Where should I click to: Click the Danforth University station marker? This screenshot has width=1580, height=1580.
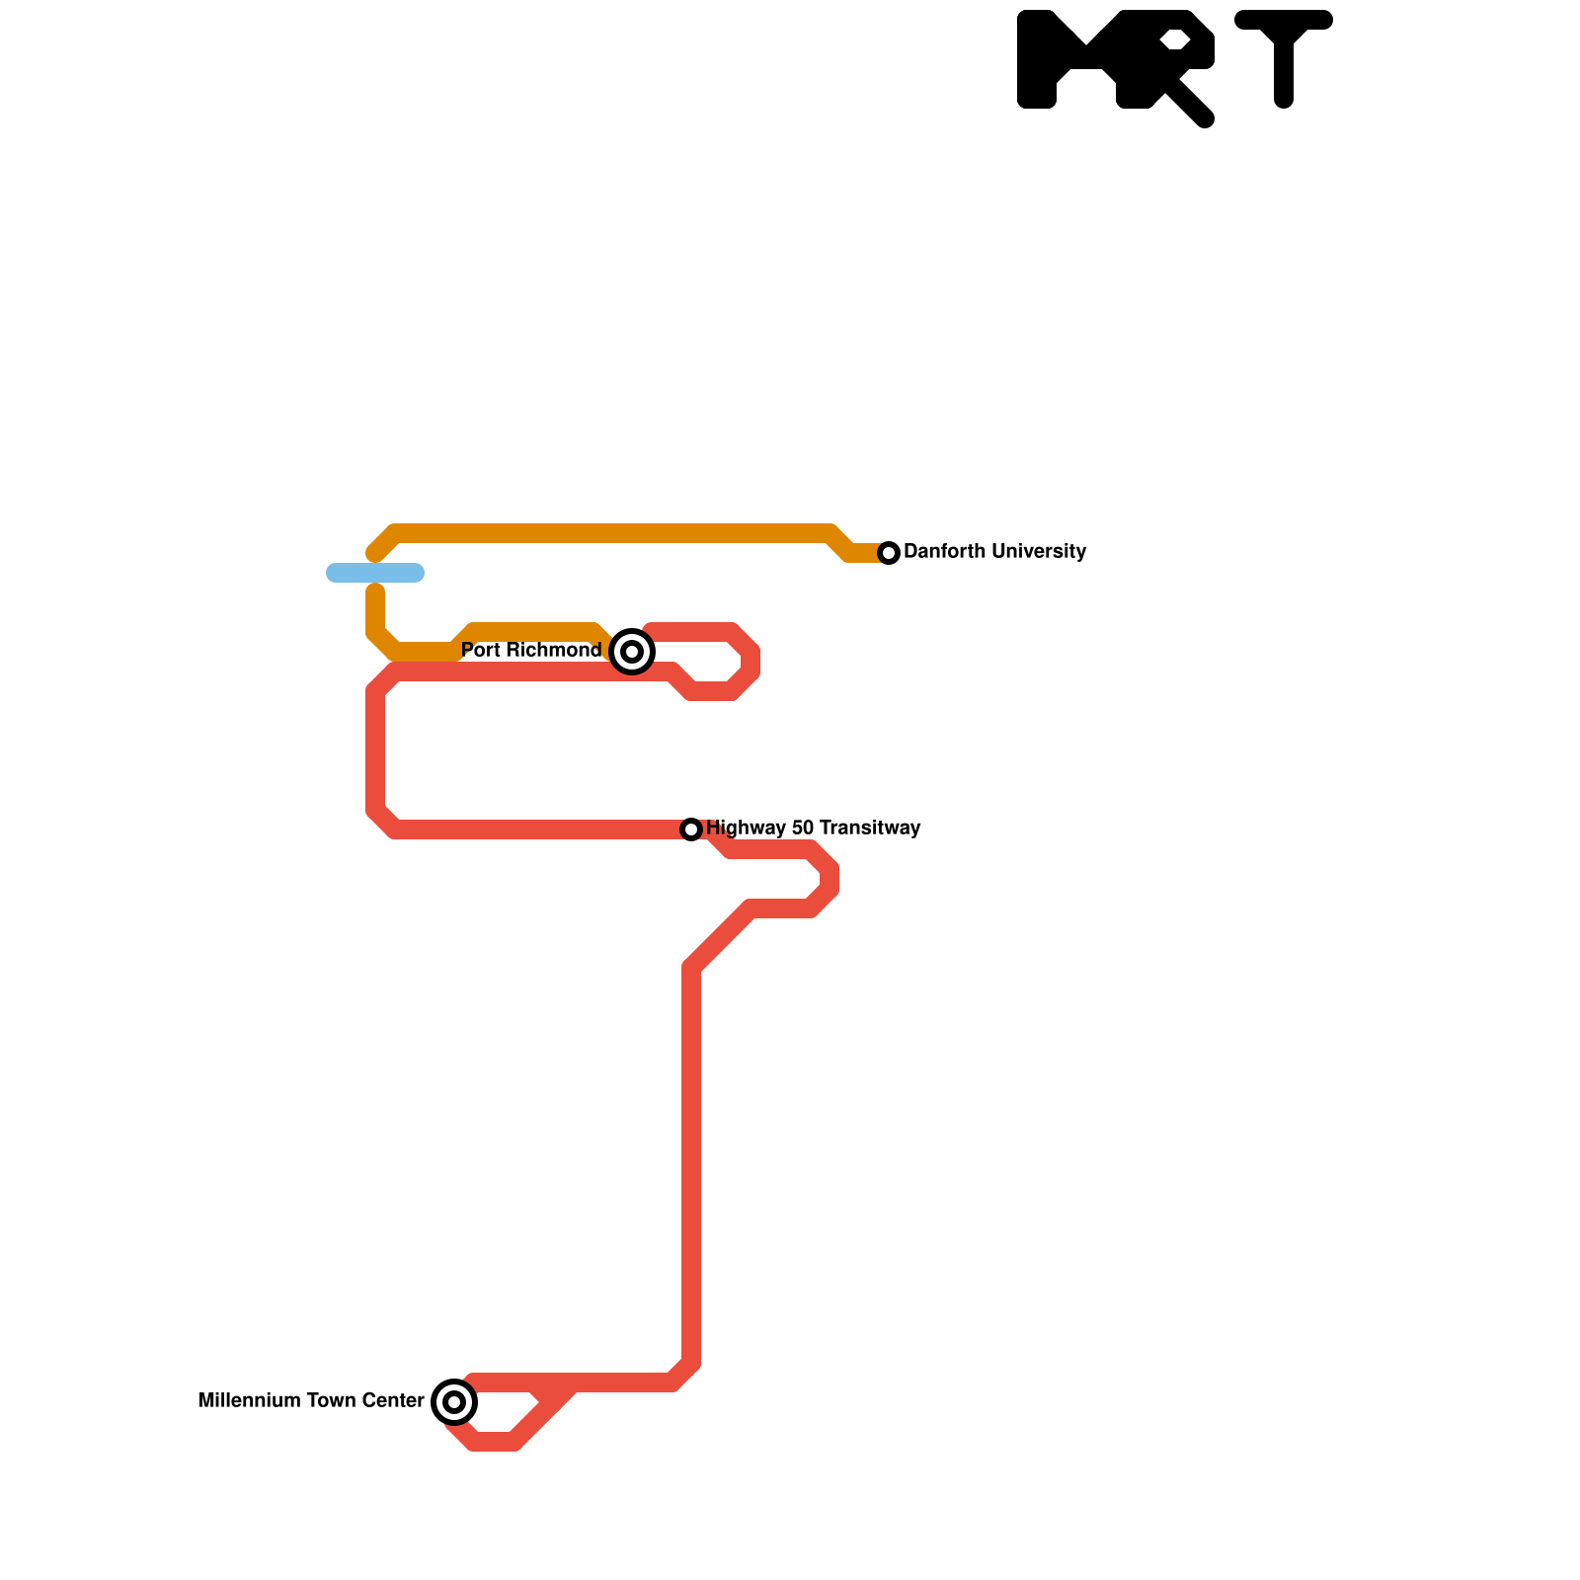pyautogui.click(x=889, y=553)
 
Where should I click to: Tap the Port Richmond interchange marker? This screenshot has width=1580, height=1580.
pyautogui.click(x=632, y=652)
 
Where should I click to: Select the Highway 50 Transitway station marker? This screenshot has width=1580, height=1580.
pyautogui.click(x=691, y=829)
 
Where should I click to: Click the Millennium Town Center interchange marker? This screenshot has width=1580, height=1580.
pyautogui.click(x=454, y=1401)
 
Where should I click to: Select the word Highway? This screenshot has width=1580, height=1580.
pyautogui.click(x=739, y=828)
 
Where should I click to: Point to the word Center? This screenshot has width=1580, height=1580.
pyautogui.click(x=393, y=1400)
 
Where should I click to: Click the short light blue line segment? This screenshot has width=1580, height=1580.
pyautogui.click(x=375, y=573)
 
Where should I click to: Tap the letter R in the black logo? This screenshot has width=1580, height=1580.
pyautogui.click(x=1165, y=59)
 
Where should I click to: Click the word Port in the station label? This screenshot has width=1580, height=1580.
pyautogui.click(x=480, y=650)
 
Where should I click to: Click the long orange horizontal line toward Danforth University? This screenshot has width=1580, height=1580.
pyautogui.click(x=612, y=533)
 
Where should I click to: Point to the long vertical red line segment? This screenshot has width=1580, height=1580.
pyautogui.click(x=691, y=1165)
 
